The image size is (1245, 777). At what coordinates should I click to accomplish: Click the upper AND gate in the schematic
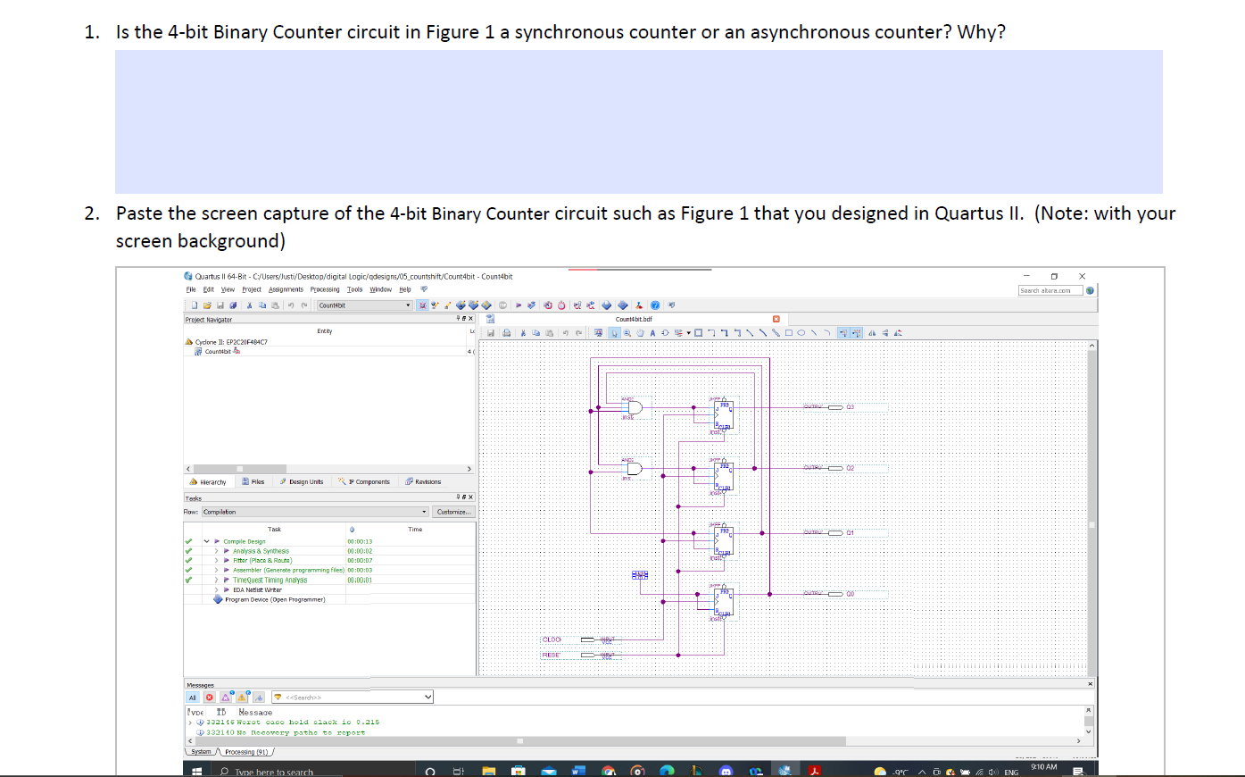pyautogui.click(x=635, y=407)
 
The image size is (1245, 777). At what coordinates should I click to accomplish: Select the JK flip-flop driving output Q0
pyautogui.click(x=724, y=600)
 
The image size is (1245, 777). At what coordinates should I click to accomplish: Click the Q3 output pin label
pyautogui.click(x=850, y=406)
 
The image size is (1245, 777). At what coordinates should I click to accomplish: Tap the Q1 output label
pyautogui.click(x=850, y=532)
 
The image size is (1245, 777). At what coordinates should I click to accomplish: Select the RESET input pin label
pyautogui.click(x=552, y=655)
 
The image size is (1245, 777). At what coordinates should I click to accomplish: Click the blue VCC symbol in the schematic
pyautogui.click(x=641, y=574)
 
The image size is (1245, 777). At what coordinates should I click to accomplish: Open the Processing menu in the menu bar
pyautogui.click(x=325, y=289)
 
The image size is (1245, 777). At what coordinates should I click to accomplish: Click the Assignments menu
pyautogui.click(x=286, y=289)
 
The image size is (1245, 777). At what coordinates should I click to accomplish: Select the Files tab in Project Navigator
pyautogui.click(x=253, y=481)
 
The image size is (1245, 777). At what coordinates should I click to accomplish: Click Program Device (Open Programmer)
pyautogui.click(x=274, y=599)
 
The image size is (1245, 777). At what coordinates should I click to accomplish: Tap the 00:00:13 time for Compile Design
pyautogui.click(x=360, y=541)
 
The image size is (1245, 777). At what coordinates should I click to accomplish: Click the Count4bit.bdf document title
pyautogui.click(x=634, y=319)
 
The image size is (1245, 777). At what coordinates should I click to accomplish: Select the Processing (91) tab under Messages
pyautogui.click(x=245, y=752)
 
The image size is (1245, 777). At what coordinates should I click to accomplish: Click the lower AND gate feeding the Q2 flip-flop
pyautogui.click(x=635, y=469)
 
